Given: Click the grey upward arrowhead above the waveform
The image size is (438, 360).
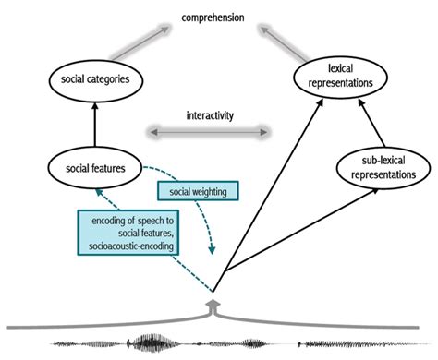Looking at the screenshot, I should click(x=214, y=301).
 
